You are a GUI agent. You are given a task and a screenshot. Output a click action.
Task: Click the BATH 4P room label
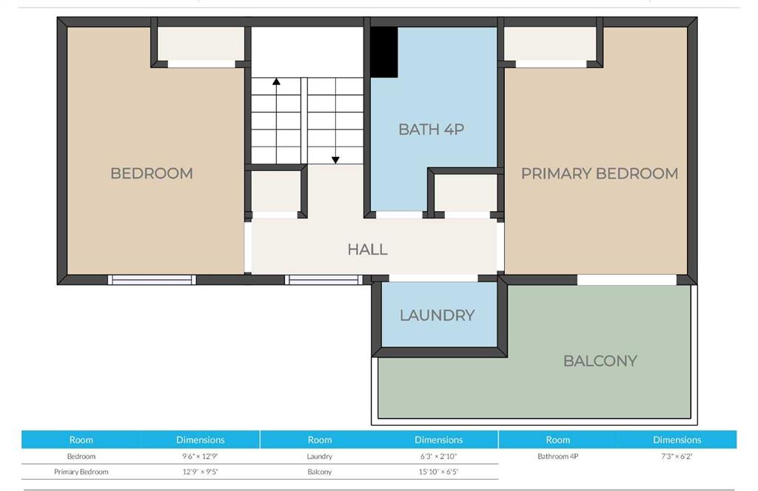(x=432, y=130)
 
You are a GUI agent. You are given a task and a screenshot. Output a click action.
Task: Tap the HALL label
(x=367, y=250)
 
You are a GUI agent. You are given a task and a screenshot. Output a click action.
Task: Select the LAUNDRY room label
(x=437, y=315)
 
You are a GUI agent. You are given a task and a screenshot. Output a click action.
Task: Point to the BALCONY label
(x=600, y=361)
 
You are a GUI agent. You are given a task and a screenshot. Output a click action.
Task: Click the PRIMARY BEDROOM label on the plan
(x=600, y=173)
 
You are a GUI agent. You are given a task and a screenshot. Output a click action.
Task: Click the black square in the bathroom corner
(x=384, y=53)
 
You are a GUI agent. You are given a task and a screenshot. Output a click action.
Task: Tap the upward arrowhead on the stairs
(x=276, y=81)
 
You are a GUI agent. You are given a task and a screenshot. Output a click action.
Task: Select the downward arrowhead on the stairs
(x=335, y=160)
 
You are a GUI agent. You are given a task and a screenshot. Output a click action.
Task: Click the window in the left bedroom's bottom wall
(x=152, y=280)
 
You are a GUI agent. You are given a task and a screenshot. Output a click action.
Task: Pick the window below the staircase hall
(x=323, y=280)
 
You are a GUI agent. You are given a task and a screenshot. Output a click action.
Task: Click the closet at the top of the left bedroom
(x=201, y=44)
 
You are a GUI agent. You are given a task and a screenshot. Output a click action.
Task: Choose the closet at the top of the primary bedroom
(x=550, y=44)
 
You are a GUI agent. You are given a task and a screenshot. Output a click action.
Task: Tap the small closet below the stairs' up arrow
(x=275, y=191)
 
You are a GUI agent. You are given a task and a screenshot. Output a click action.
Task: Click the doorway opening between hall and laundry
(x=433, y=278)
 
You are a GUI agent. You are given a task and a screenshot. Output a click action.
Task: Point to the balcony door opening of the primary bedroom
(x=626, y=280)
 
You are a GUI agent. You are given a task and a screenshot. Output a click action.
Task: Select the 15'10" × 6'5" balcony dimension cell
(x=438, y=472)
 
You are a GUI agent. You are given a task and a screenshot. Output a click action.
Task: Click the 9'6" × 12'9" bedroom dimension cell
(x=200, y=456)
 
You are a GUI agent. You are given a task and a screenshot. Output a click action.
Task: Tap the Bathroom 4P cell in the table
(x=558, y=456)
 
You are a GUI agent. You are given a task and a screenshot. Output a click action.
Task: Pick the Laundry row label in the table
(x=320, y=456)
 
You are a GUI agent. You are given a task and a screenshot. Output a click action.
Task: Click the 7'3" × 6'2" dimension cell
(x=677, y=456)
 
